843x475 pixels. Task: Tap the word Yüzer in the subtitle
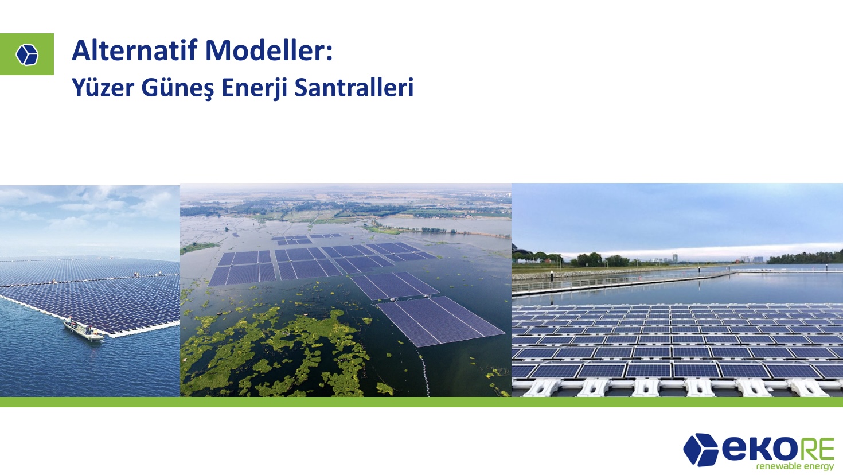point(103,88)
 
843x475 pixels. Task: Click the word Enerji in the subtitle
point(254,88)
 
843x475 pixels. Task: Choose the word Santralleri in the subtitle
point(354,88)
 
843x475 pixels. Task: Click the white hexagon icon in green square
point(27,54)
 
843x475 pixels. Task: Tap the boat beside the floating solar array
point(83,330)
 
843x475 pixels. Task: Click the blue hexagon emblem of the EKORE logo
point(700,450)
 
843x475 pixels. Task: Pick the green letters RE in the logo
point(815,448)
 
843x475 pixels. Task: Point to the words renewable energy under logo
point(795,466)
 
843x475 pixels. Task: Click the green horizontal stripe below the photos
point(421,402)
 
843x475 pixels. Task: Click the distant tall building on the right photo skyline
point(675,258)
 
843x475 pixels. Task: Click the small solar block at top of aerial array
point(292,240)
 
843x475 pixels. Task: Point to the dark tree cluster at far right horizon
point(805,258)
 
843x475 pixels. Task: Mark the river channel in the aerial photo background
point(444,226)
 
